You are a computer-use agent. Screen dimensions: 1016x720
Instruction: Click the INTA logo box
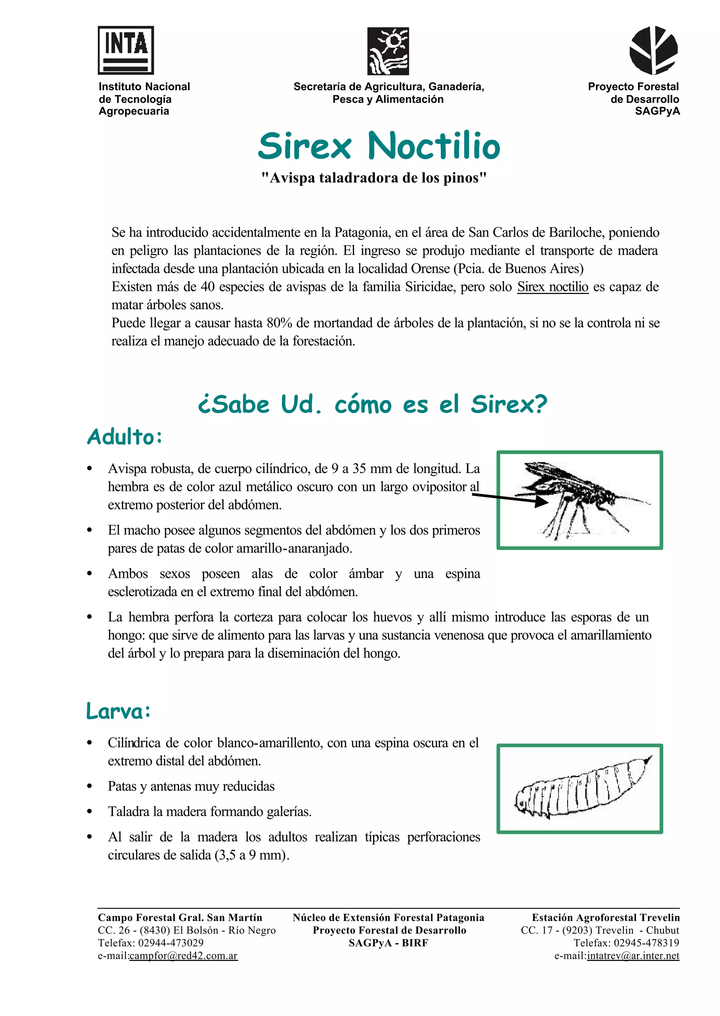click(126, 50)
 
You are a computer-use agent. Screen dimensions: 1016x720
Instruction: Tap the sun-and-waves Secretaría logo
click(388, 51)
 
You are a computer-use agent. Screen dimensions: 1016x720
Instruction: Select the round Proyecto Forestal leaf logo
click(654, 50)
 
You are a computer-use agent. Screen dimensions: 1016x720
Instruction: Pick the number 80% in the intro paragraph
click(279, 323)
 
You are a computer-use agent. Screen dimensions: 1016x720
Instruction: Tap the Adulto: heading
click(124, 437)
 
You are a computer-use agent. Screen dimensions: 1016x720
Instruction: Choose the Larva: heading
click(118, 712)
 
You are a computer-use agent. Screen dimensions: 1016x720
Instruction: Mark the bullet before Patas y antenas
click(90, 787)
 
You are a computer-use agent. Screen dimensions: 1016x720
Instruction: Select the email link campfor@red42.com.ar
click(184, 955)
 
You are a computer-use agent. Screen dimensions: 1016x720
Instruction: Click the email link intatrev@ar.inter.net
click(633, 955)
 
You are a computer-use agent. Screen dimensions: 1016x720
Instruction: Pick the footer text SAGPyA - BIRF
click(388, 943)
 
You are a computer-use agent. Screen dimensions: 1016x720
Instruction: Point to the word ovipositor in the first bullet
click(439, 487)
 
